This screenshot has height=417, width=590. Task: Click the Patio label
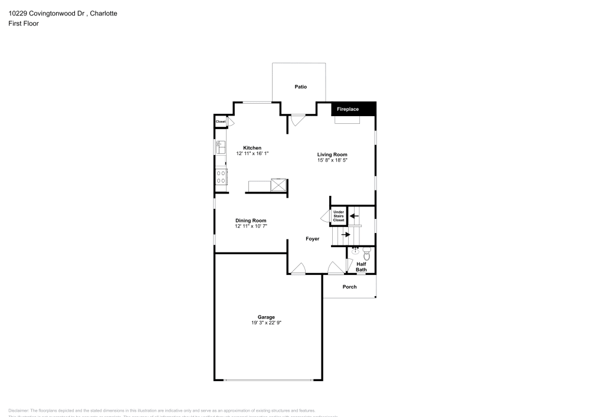pyautogui.click(x=301, y=87)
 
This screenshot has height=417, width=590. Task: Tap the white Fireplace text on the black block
pyautogui.click(x=348, y=109)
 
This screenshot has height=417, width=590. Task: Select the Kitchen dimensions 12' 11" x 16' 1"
pyautogui.click(x=253, y=153)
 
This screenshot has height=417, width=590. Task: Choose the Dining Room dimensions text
pyautogui.click(x=251, y=226)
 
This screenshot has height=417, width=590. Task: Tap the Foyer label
pyautogui.click(x=312, y=239)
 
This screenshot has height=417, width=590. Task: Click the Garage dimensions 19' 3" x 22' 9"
pyautogui.click(x=266, y=323)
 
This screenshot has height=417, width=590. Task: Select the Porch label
pyautogui.click(x=349, y=287)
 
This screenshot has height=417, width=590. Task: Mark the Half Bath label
pyautogui.click(x=361, y=267)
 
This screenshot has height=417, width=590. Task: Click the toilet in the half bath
pyautogui.click(x=367, y=255)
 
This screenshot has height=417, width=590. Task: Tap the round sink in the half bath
pyautogui.click(x=356, y=252)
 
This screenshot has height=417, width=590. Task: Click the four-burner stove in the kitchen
pyautogui.click(x=221, y=177)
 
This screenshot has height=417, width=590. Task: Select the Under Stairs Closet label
pyautogui.click(x=338, y=216)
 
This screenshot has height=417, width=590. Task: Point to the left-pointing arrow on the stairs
pyautogui.click(x=354, y=216)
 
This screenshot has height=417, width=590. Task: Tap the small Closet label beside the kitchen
pyautogui.click(x=221, y=122)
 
